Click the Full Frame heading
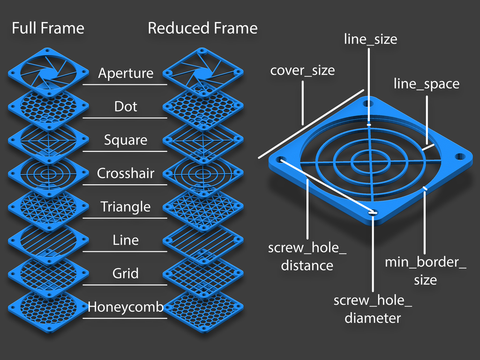48,28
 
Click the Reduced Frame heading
202,28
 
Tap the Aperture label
125,73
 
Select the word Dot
125,106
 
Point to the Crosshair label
125,173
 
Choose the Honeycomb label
125,307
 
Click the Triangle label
125,207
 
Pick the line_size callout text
370,39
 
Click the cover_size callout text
302,70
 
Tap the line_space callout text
426,84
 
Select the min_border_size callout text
426,271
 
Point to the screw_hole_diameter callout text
373,309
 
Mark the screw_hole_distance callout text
307,256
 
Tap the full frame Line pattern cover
48,240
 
